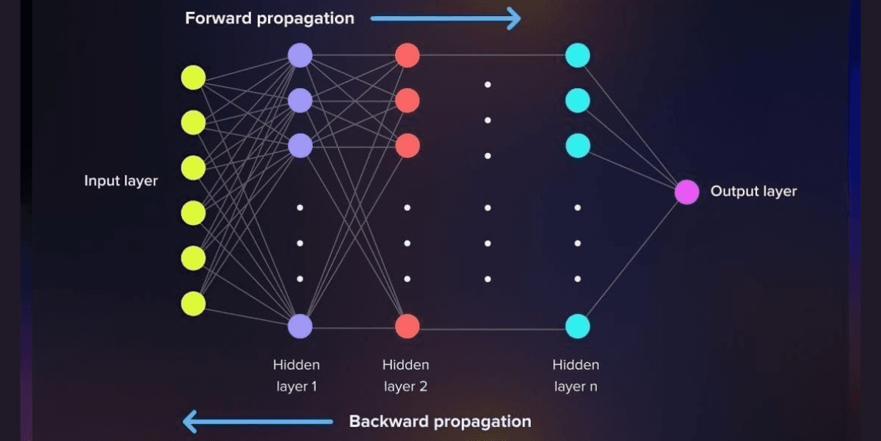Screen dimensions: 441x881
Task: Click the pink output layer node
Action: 686,192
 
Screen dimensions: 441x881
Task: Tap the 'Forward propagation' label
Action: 269,18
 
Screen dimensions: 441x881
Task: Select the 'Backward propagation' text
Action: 440,421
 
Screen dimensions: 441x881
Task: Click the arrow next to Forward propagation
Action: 446,18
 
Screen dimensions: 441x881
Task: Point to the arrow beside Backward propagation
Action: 257,421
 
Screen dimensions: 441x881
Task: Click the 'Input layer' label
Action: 120,181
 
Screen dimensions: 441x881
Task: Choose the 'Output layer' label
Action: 753,191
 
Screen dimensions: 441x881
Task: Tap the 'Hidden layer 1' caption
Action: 296,375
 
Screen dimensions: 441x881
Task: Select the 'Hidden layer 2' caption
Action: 405,375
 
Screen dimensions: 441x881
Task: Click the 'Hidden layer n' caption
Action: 576,375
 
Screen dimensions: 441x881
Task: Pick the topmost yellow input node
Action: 193,77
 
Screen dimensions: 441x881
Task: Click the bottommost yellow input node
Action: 193,304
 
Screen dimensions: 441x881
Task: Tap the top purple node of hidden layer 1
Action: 300,55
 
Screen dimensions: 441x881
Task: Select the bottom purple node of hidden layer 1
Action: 300,326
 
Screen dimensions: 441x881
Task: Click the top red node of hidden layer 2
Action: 407,55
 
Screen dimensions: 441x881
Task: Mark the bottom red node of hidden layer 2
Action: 407,326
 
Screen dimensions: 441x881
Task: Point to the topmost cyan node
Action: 578,55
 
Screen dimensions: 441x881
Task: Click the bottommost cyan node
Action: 578,326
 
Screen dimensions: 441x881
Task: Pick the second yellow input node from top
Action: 193,122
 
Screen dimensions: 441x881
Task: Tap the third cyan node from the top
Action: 578,145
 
